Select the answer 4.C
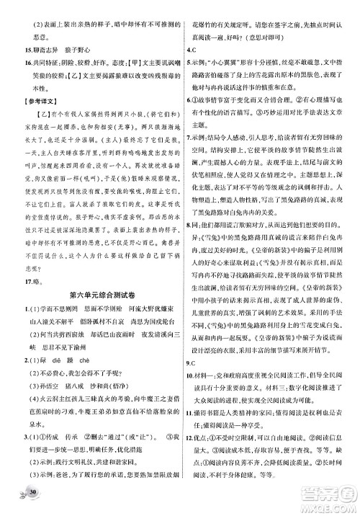[189, 50]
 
